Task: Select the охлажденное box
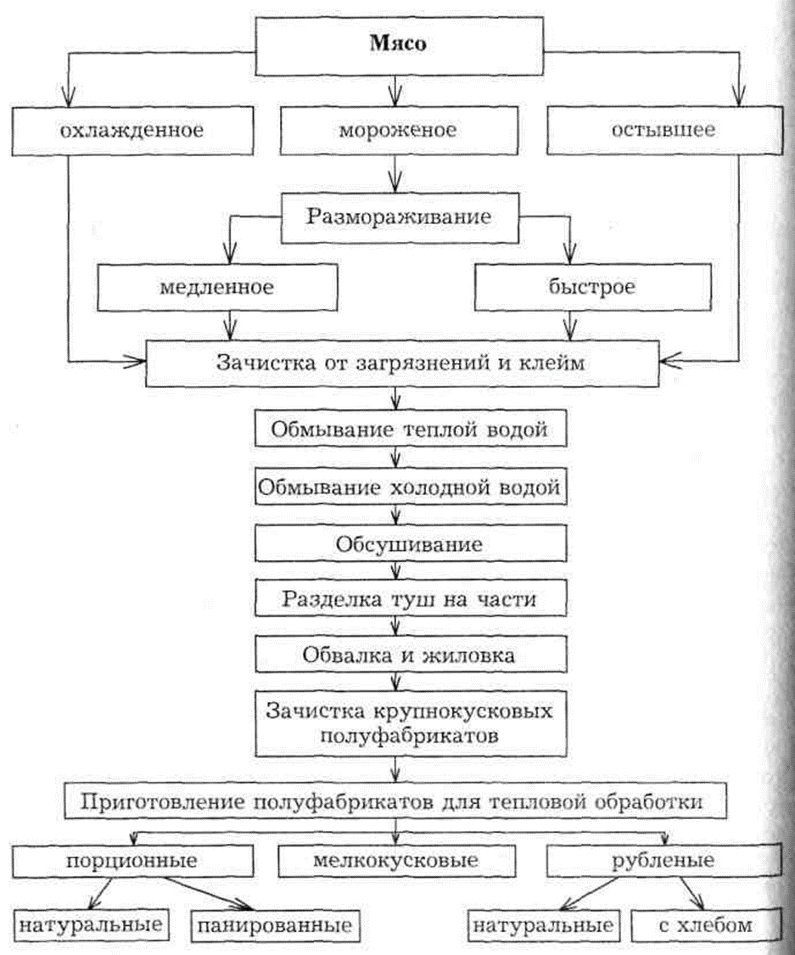point(131,132)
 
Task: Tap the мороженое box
point(398,132)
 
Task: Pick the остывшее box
point(663,132)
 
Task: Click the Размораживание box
point(399,216)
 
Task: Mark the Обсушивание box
point(408,543)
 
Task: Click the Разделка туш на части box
point(408,599)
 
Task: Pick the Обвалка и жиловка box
point(408,656)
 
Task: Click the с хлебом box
point(704,924)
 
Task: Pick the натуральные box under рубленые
point(543,924)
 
